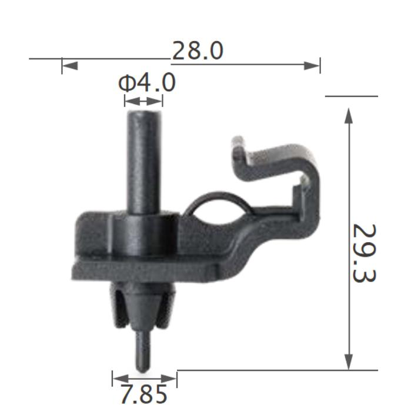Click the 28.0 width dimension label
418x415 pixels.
tap(198, 51)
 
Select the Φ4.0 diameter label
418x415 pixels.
tap(147, 83)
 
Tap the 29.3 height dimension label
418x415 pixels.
tap(365, 253)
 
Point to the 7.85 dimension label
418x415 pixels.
tap(144, 394)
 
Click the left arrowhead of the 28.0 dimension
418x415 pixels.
tap(70, 66)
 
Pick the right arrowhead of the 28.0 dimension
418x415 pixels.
tap(312, 66)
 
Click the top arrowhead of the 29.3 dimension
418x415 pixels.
tap(349, 116)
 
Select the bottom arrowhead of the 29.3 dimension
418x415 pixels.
tap(349, 362)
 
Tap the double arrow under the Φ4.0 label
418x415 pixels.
tap(143, 101)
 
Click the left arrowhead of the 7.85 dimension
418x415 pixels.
tap(121, 378)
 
